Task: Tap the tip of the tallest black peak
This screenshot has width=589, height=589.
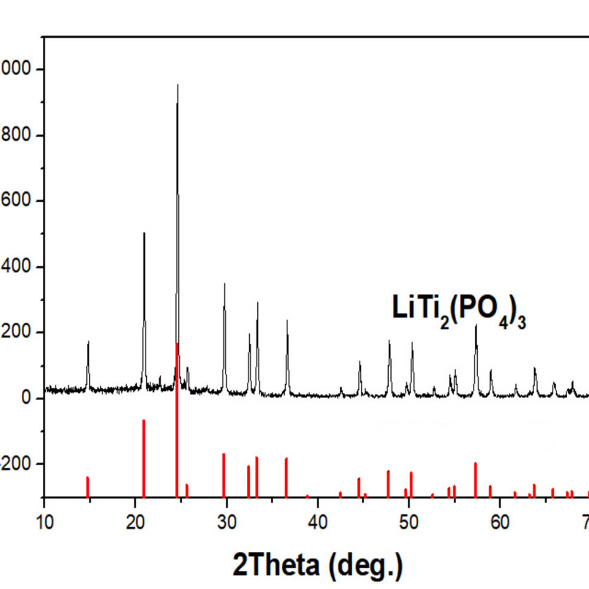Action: [x=177, y=85]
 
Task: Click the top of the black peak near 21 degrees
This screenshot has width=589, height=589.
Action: [x=144, y=233]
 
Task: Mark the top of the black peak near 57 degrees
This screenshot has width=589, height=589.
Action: [x=476, y=325]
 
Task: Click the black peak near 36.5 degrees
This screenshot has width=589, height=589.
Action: [x=287, y=321]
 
